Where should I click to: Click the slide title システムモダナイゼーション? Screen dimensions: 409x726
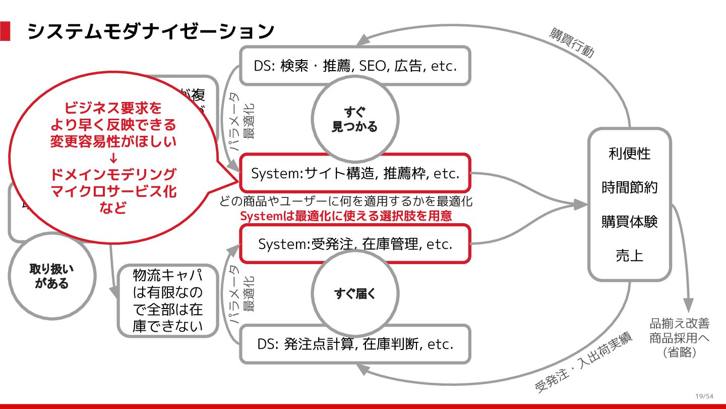[x=150, y=31]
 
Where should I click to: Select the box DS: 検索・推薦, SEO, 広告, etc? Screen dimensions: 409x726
[x=355, y=66]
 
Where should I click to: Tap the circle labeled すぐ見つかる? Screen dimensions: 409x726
[x=354, y=119]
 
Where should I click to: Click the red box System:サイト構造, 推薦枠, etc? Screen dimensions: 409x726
[x=355, y=173]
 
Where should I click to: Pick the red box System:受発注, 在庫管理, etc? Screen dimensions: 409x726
[x=355, y=244]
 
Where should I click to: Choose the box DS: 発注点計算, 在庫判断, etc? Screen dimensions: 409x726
[x=355, y=344]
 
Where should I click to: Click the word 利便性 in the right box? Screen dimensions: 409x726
[x=629, y=154]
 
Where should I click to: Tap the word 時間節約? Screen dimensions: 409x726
[x=629, y=187]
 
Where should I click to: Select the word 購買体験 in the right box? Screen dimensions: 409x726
[x=629, y=222]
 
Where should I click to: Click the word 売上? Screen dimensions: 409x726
[x=629, y=255]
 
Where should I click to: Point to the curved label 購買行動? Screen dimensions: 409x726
[x=572, y=43]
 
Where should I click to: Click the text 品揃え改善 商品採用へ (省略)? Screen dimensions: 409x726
[x=679, y=338]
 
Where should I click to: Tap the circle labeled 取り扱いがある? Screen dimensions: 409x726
[x=52, y=276]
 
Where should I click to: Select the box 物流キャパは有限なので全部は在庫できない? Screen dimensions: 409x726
[x=168, y=301]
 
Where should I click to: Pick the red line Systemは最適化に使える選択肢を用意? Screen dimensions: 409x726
[x=346, y=216]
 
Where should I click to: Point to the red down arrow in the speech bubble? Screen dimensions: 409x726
[x=113, y=158]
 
